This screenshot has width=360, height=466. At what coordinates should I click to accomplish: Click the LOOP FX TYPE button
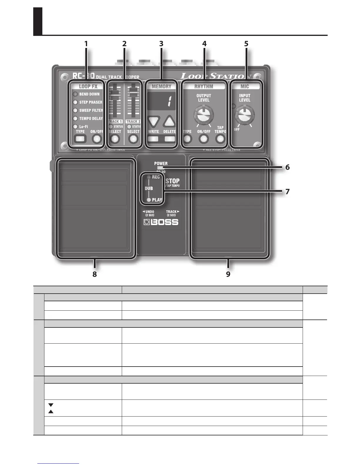(80, 139)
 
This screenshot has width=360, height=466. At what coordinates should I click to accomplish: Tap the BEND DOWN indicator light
(75, 94)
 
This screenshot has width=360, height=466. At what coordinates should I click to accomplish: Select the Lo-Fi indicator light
(75, 127)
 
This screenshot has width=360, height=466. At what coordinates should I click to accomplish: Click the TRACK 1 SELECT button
(115, 139)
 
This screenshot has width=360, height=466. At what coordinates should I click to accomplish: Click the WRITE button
(153, 139)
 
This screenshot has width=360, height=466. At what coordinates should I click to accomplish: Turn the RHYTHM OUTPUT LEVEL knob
(204, 115)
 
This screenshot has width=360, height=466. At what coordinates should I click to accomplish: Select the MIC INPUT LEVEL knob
(244, 115)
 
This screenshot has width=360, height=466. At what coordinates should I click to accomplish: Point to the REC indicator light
(149, 177)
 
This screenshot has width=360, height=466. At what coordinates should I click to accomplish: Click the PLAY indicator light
(149, 200)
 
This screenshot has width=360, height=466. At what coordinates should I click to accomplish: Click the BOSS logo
(161, 222)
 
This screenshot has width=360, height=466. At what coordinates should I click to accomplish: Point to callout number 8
(94, 274)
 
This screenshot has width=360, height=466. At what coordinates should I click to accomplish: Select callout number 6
(287, 167)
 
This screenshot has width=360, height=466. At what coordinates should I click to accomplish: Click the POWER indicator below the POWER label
(161, 168)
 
